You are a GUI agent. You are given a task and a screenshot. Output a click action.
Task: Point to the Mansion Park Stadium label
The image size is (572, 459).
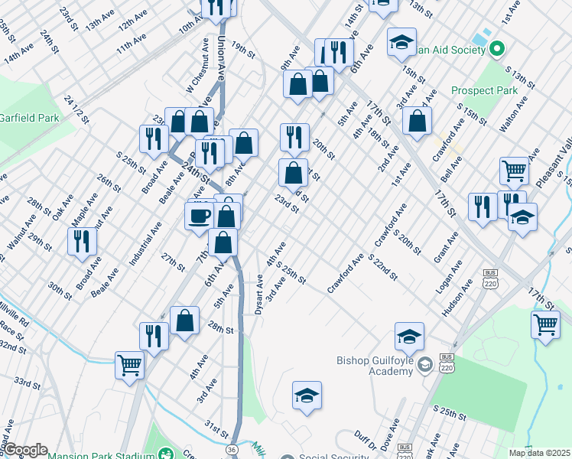click(x=99, y=456)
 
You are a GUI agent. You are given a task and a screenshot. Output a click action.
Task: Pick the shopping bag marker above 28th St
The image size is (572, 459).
click(x=184, y=321)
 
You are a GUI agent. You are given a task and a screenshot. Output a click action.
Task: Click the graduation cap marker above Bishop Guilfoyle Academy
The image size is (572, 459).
click(x=409, y=336)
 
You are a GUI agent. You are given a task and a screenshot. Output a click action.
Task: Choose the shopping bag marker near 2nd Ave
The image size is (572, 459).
click(x=417, y=121)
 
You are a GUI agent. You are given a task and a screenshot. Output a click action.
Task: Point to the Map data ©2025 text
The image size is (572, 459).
click(x=539, y=453)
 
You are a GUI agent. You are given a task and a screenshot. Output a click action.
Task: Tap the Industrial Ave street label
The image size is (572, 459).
click(x=145, y=243)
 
